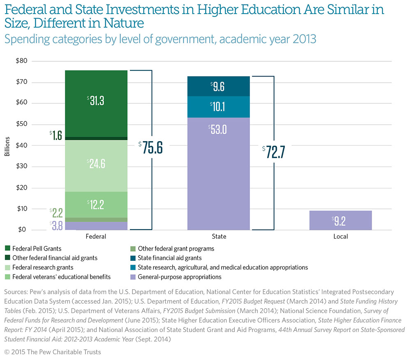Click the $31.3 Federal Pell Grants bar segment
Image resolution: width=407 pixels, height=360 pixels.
pos(96,103)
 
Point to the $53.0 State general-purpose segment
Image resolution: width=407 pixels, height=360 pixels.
pos(218,173)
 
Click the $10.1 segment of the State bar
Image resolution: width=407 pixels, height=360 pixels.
pos(218,107)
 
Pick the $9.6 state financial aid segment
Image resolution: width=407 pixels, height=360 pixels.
pos(218,86)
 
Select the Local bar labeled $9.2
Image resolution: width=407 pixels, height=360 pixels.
pos(341,220)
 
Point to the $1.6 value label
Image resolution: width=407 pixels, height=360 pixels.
pos(56,135)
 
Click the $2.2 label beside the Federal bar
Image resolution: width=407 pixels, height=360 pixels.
pos(56,213)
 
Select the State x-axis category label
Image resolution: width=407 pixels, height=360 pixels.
pos(218,237)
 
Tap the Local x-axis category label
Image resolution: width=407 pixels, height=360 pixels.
pos(341,237)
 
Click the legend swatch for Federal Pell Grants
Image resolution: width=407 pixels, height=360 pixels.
pos(7,249)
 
